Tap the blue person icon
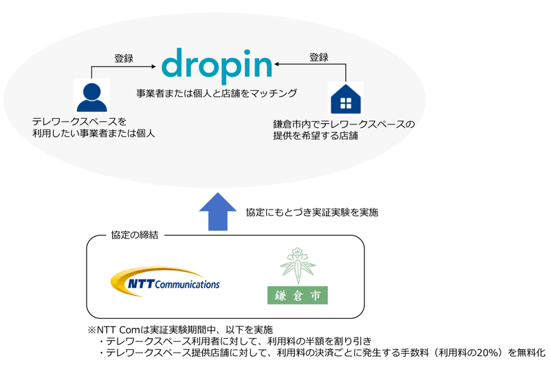click(92, 96)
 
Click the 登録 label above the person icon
click(123, 58)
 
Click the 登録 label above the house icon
click(318, 57)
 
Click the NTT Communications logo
click(165, 280)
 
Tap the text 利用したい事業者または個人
click(93, 133)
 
